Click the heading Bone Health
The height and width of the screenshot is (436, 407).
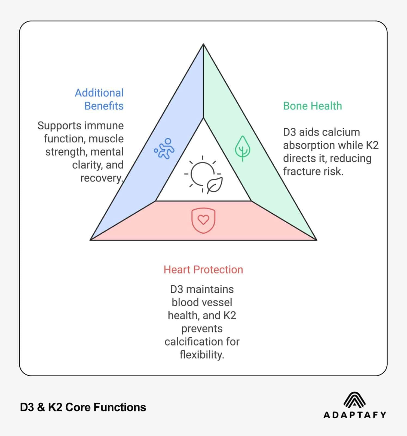(312, 106)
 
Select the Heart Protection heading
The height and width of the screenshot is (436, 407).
(203, 270)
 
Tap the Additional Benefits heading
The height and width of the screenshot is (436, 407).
(99, 99)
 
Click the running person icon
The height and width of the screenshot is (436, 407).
(164, 149)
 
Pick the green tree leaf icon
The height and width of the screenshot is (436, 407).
(243, 149)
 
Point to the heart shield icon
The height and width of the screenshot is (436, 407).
(203, 221)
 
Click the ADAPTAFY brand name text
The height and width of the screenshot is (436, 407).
(354, 415)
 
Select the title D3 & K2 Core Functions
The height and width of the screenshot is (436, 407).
(83, 407)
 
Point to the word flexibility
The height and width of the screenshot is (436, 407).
(202, 355)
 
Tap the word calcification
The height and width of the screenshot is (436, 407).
(191, 342)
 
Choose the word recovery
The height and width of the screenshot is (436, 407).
(101, 178)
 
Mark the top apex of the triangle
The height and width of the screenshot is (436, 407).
(203, 44)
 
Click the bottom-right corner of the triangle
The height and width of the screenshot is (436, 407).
(316, 240)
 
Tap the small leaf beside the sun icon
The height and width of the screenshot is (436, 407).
(215, 185)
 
